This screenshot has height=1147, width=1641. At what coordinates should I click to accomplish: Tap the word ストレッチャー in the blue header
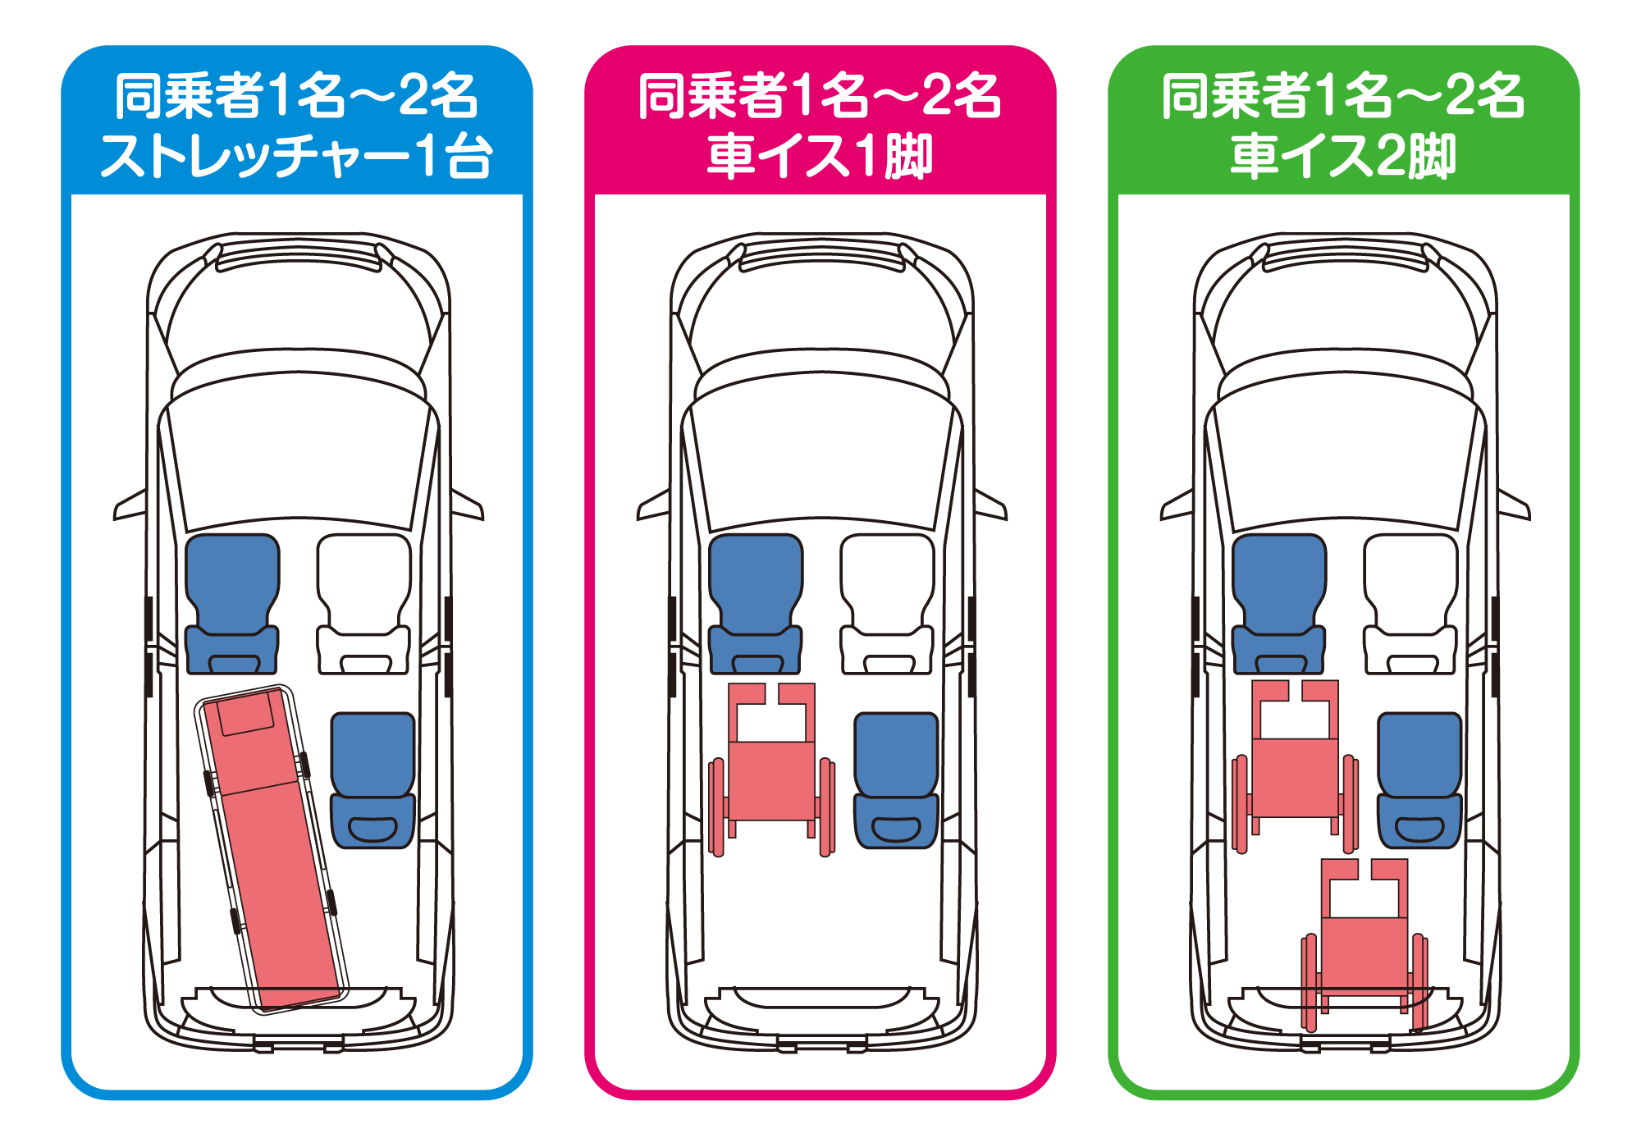254,156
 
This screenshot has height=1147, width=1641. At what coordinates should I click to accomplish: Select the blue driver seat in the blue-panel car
232,603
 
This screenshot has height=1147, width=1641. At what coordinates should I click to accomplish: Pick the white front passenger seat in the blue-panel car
363,603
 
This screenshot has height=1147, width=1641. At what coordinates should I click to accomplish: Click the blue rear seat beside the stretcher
373,779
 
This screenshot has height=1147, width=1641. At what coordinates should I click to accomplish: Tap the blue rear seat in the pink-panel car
896,779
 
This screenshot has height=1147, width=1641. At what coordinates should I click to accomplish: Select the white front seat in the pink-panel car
887,603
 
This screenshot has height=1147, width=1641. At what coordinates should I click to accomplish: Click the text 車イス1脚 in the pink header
820,156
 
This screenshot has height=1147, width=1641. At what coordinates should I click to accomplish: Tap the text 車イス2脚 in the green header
1343,156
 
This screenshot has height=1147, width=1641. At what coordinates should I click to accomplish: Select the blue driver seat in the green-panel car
1279,603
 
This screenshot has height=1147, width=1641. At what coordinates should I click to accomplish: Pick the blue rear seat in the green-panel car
1419,779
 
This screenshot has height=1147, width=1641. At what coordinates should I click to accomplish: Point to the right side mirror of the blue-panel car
468,506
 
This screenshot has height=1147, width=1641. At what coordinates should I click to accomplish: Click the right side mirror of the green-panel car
1514,506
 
